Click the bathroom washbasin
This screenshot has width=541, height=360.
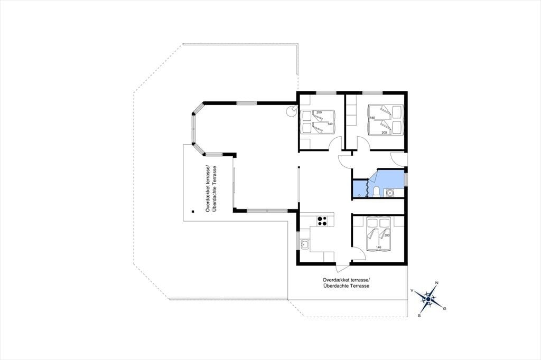coord(390,193)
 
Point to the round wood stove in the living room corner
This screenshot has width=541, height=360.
coord(292,111)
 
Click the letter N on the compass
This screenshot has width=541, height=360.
coord(437,283)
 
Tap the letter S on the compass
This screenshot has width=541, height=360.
coord(419,315)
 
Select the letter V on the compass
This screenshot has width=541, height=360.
coord(412,291)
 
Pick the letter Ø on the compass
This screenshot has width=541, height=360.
coord(444,308)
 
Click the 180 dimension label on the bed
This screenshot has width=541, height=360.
coord(372,118)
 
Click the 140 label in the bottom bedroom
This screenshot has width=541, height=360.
coord(378,247)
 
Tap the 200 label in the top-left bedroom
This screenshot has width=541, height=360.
coord(319,112)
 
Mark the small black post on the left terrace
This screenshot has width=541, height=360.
coord(193,211)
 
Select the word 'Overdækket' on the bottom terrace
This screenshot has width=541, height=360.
coord(334,279)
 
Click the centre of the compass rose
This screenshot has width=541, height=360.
coord(428,299)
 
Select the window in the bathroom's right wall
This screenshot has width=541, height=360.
coord(406,179)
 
